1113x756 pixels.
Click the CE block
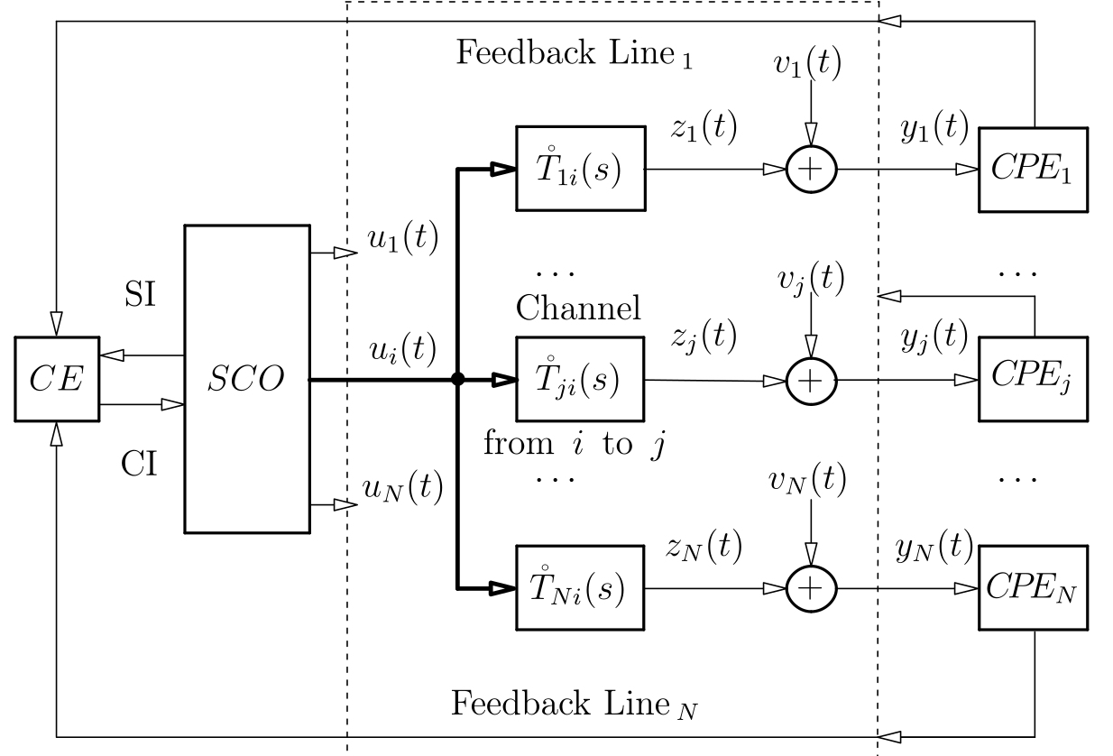click(56, 380)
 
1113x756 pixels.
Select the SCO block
click(246, 379)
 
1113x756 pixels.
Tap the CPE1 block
click(1034, 170)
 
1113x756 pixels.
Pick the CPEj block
click(1034, 380)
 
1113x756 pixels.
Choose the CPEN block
click(1034, 589)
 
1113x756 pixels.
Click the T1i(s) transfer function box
click(580, 169)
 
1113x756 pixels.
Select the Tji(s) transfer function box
click(580, 380)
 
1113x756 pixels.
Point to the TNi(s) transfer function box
click(580, 589)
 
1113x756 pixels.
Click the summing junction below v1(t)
click(812, 170)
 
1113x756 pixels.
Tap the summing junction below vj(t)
click(812, 381)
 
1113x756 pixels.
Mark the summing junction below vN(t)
click(812, 589)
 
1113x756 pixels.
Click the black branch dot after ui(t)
click(458, 380)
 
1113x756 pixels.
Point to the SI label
click(139, 294)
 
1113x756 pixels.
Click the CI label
click(139, 464)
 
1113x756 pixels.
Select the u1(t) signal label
click(401, 239)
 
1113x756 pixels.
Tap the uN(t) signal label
click(402, 489)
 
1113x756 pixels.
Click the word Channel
click(578, 309)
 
